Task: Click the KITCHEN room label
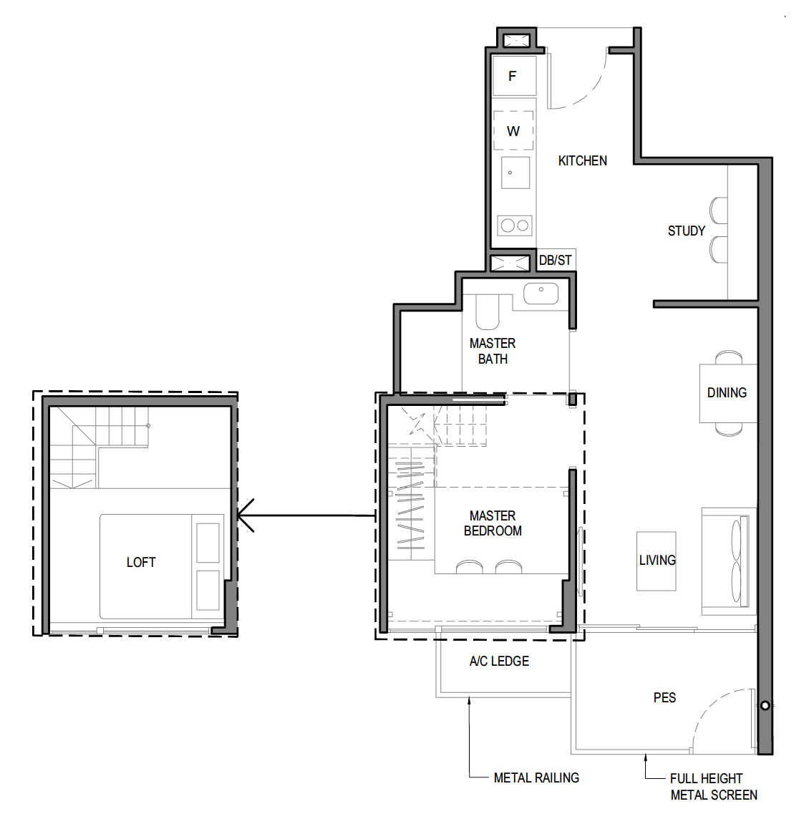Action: click(x=582, y=161)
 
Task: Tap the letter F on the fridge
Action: click(x=513, y=77)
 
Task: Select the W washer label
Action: click(x=513, y=131)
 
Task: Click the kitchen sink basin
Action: click(x=515, y=173)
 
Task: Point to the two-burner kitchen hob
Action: click(x=515, y=226)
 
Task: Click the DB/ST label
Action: click(x=555, y=260)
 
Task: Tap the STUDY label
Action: click(x=686, y=231)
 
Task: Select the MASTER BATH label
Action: click(x=493, y=351)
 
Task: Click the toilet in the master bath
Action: click(x=488, y=312)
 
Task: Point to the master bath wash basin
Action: click(x=541, y=293)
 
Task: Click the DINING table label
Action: click(x=727, y=393)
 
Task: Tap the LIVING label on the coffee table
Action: click(x=657, y=561)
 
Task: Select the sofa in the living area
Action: click(x=729, y=561)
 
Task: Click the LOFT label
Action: click(x=141, y=563)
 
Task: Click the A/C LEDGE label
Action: click(x=499, y=661)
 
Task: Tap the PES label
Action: click(x=665, y=698)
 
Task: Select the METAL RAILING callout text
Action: click(x=536, y=777)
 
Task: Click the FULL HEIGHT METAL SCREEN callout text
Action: click(x=714, y=787)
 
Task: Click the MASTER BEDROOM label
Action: click(x=493, y=523)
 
